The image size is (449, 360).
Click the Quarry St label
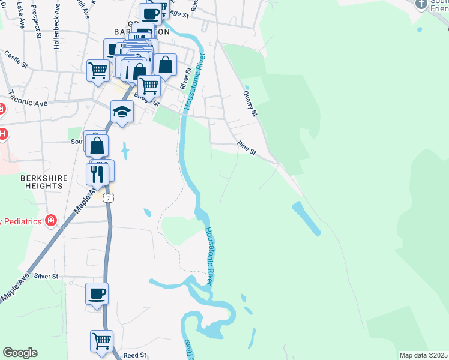(250, 103)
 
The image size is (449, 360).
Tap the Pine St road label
(247, 148)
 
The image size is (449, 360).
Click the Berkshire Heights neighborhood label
(41, 182)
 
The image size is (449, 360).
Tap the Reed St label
(135, 355)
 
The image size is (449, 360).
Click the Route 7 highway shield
(107, 197)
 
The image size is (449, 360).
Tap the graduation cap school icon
(122, 112)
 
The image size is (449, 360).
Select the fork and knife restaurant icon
(98, 173)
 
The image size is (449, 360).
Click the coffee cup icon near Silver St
(97, 294)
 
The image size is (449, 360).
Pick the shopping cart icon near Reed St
(101, 341)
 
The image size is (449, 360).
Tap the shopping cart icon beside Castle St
(98, 70)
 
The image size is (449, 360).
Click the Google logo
(20, 353)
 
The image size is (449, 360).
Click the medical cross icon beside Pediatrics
(51, 221)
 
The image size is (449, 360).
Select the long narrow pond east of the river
(306, 218)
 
